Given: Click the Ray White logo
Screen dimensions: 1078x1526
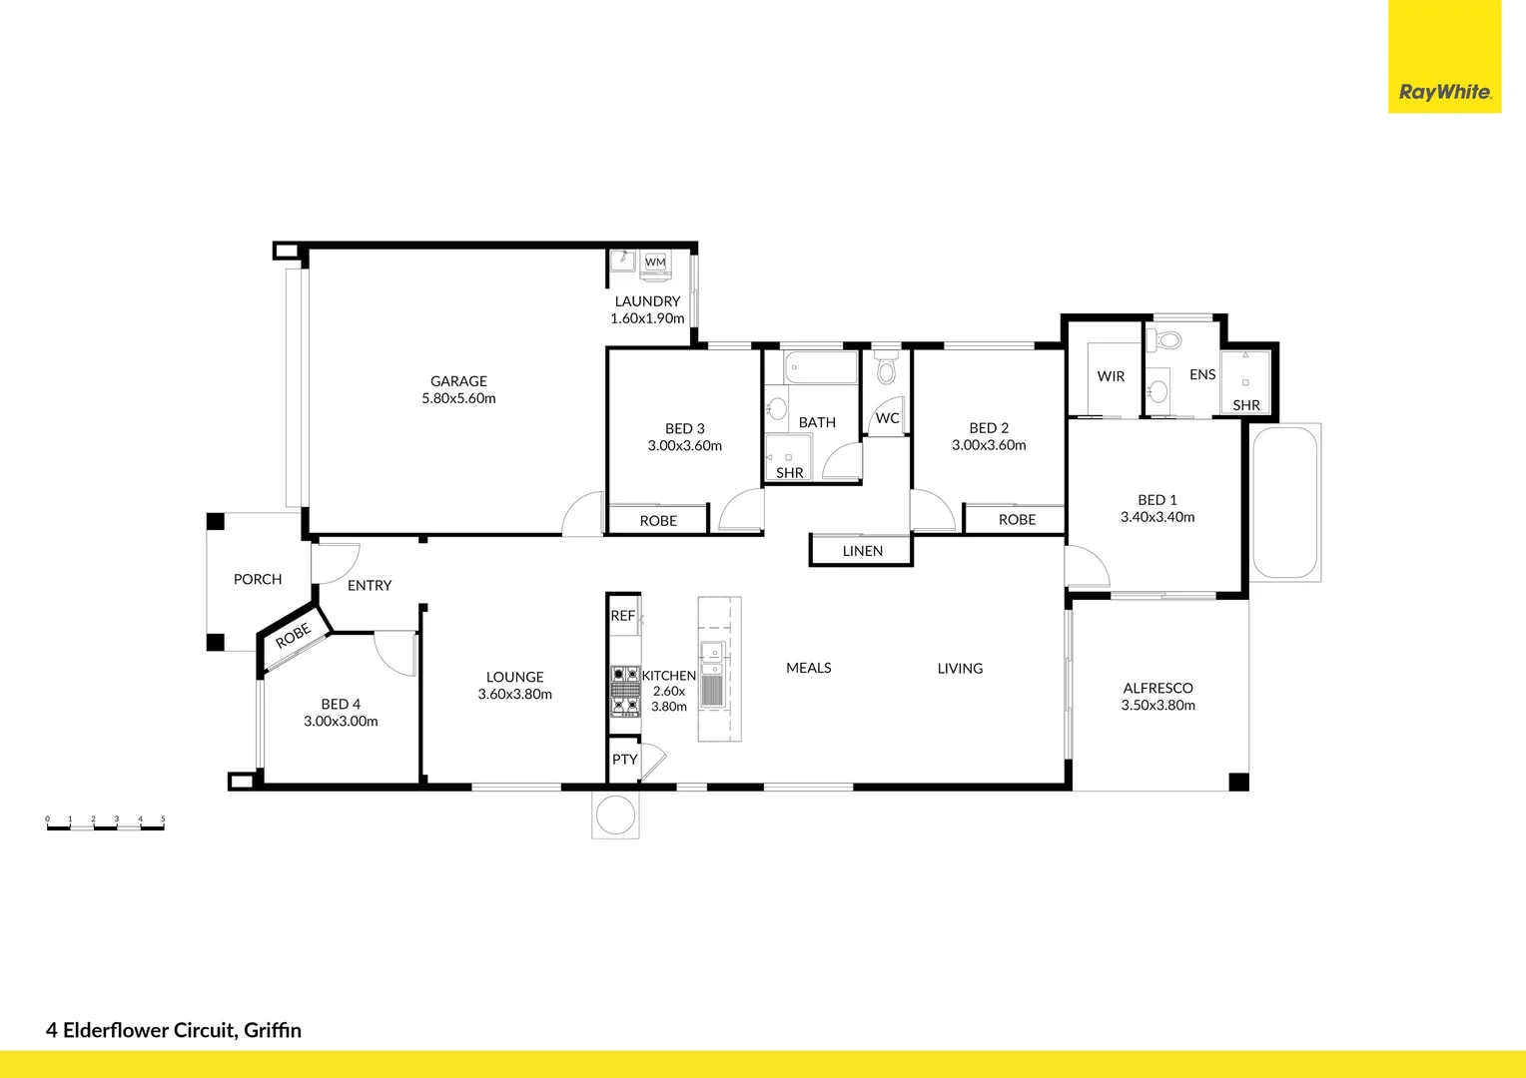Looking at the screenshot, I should [1444, 92].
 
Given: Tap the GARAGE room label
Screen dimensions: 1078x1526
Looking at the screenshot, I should [458, 381].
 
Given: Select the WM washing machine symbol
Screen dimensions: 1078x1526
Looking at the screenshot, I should [655, 263].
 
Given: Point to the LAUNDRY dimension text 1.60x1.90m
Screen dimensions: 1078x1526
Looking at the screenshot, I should [647, 318].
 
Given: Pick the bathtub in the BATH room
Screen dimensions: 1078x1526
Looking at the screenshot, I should [821, 367].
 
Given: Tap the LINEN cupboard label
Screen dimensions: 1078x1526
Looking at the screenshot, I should [862, 551].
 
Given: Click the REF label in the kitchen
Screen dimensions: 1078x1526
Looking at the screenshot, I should [622, 616].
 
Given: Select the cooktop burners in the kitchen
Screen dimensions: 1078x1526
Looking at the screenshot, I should [625, 691].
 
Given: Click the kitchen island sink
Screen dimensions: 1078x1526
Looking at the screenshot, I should [712, 652].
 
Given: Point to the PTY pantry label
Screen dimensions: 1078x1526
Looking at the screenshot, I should [624, 760].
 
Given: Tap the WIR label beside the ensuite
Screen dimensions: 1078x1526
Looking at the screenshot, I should [1111, 376].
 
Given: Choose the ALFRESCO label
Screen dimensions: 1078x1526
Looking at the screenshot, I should [1157, 688].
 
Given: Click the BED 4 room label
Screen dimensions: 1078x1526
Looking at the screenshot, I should [341, 704].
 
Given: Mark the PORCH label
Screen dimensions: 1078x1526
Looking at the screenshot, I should [258, 579].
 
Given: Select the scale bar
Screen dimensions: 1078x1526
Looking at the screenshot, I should [105, 824].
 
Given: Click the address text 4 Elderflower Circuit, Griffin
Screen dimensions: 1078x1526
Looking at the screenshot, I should [174, 1030].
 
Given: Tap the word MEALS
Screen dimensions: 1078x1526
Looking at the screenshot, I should [808, 668].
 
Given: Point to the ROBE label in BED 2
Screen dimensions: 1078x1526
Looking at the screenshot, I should [1017, 520].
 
